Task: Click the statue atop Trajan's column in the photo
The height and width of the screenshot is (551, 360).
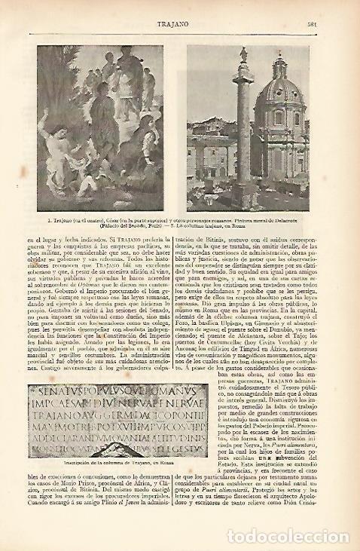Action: pos(243,54)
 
